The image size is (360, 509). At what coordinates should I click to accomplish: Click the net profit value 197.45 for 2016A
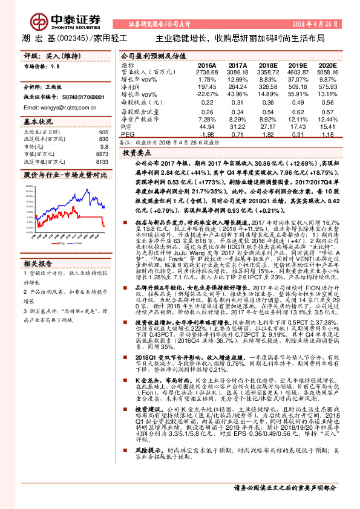(x=207, y=86)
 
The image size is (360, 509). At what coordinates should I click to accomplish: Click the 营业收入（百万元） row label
(x=143, y=72)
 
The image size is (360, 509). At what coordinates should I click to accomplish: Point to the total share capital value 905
(x=103, y=132)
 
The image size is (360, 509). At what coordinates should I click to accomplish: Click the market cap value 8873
(x=102, y=154)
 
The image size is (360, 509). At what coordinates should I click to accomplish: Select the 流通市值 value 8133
(x=102, y=161)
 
